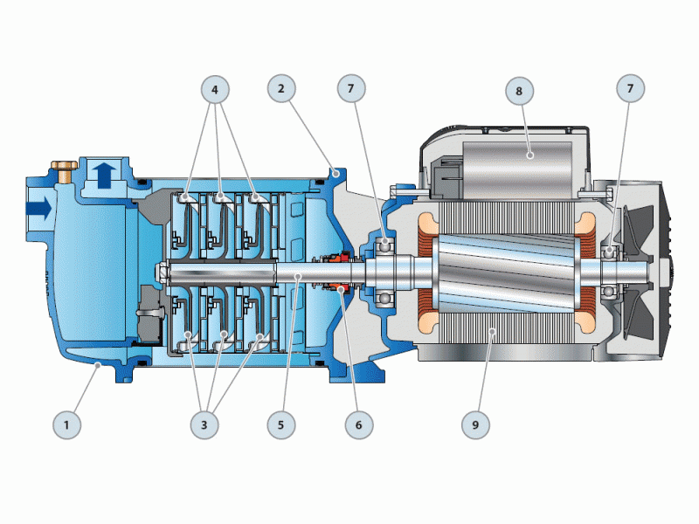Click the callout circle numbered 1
click(67, 424)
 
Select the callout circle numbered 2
click(281, 89)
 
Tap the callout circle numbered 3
click(204, 424)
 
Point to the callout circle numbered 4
click(215, 90)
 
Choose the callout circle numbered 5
click(281, 424)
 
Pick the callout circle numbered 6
click(359, 424)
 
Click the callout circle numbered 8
click(519, 91)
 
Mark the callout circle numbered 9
click(475, 424)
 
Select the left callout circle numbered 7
click(351, 89)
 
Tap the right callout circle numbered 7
click(630, 89)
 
